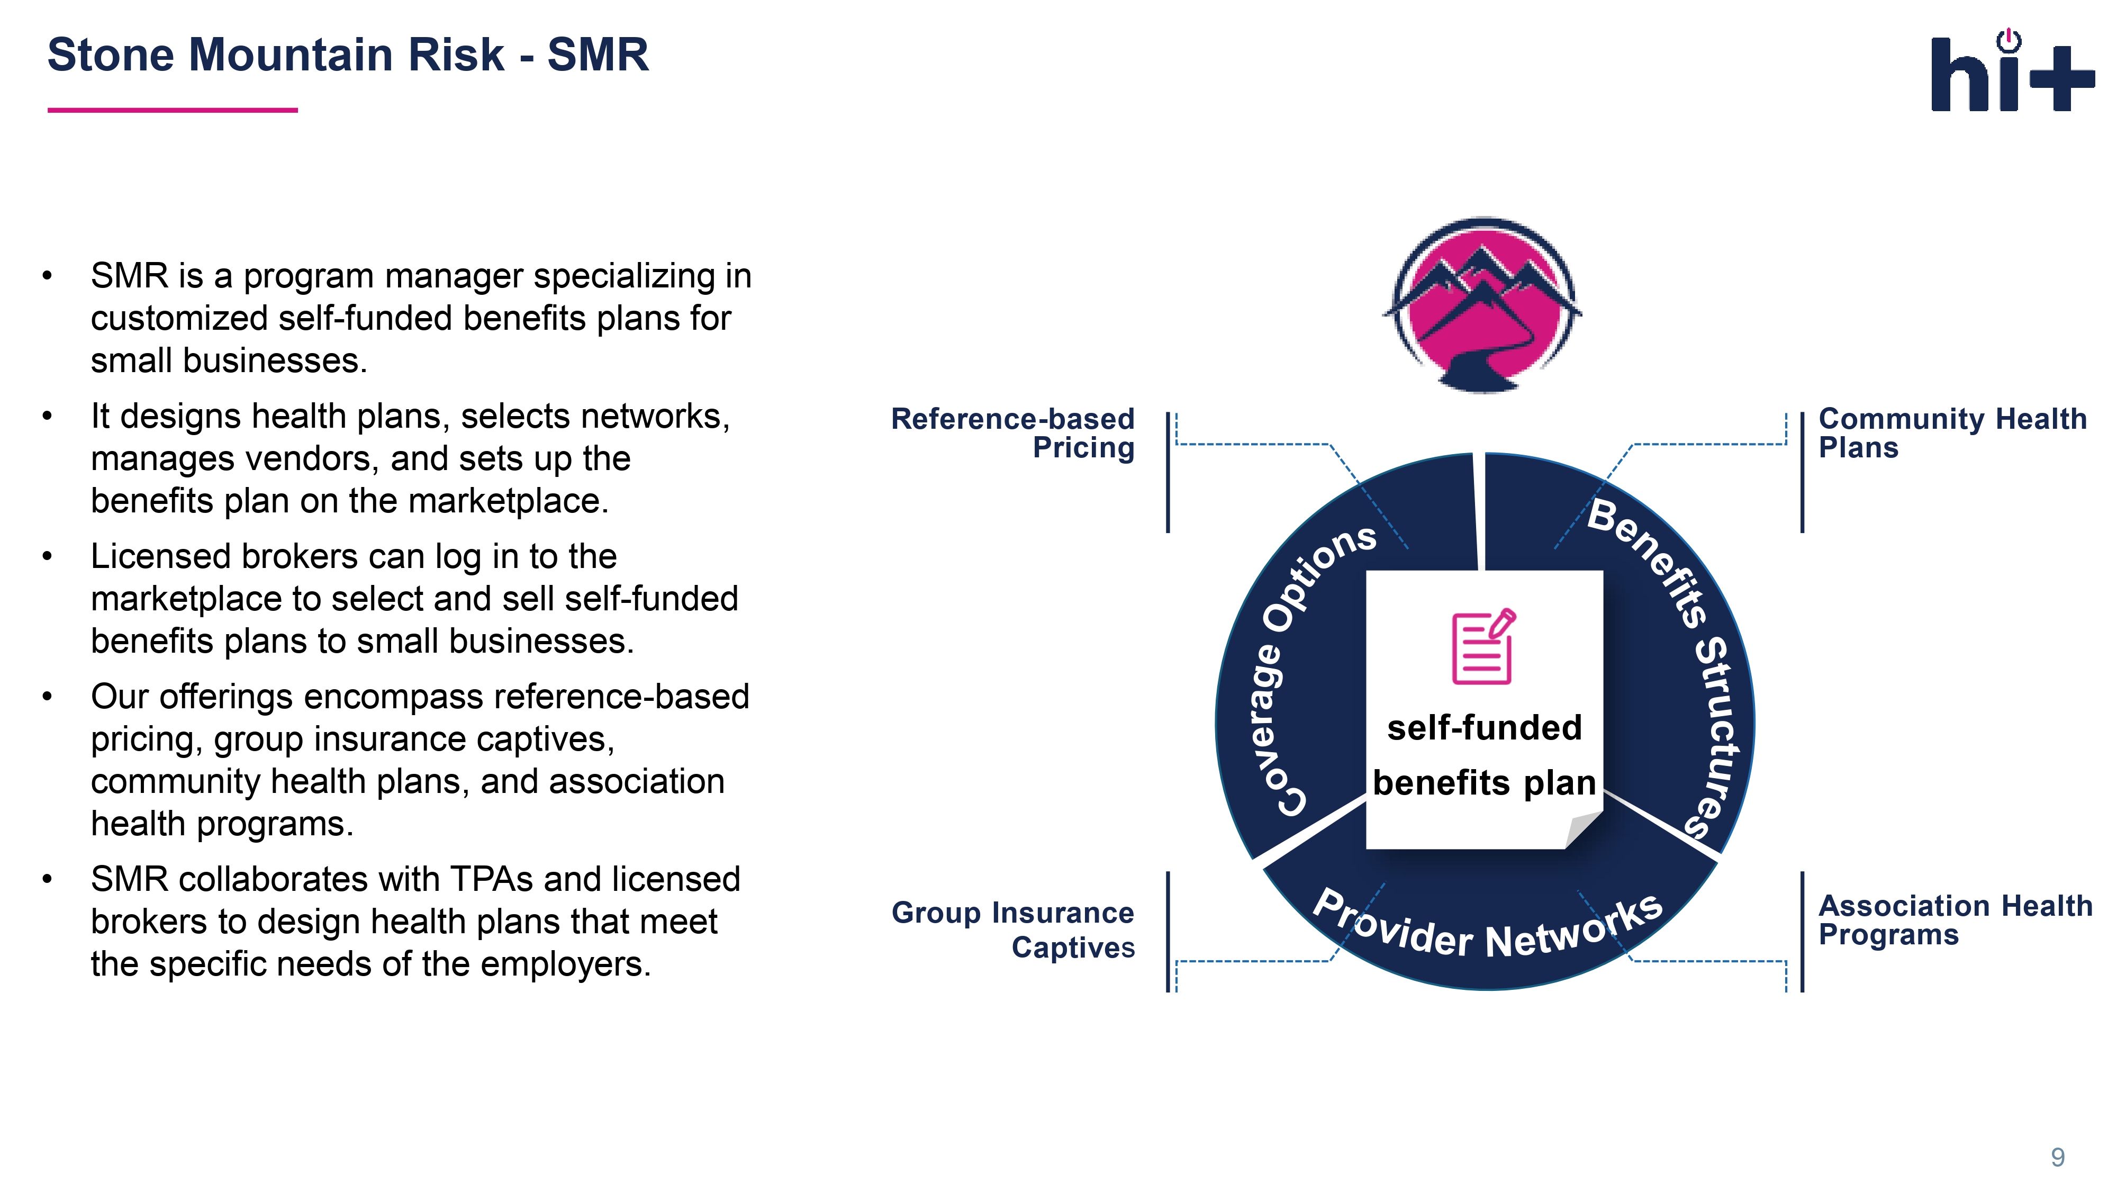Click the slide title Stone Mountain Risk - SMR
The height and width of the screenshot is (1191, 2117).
(348, 56)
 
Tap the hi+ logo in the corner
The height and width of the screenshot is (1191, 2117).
(2011, 73)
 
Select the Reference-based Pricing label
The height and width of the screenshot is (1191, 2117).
(1012, 433)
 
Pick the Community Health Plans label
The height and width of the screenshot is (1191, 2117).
(1952, 433)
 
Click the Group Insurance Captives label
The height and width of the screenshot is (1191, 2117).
(1012, 930)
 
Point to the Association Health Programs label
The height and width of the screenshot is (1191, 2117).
(1955, 920)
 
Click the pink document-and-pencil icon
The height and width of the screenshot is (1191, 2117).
(1483, 647)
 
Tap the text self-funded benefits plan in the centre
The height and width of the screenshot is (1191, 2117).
(1484, 754)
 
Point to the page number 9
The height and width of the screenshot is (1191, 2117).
(2057, 1157)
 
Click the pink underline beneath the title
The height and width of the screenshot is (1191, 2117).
(173, 110)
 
